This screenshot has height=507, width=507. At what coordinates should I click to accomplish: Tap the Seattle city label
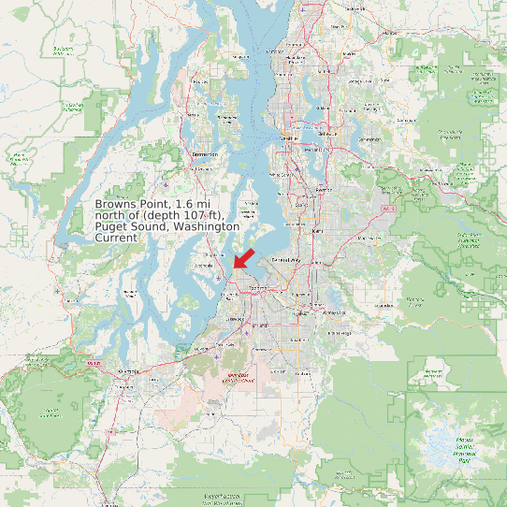point(288,139)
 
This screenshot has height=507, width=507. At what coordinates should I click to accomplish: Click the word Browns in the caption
point(116,204)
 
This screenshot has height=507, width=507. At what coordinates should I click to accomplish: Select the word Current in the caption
point(117,238)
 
